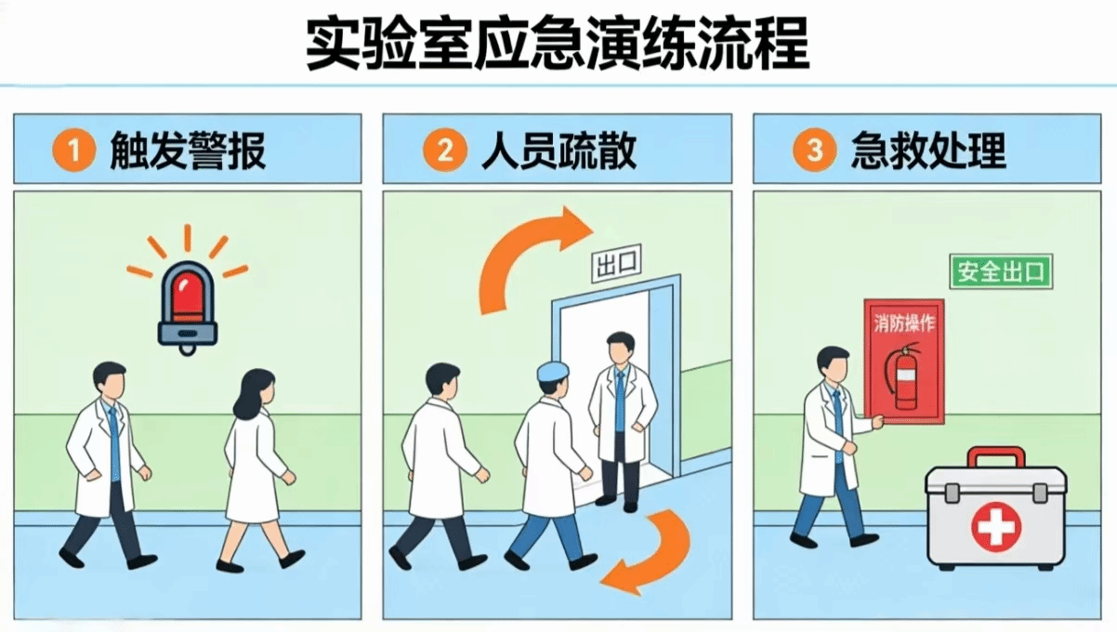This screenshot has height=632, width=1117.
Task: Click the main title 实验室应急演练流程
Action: (557, 44)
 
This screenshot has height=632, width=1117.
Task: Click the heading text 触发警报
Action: (188, 151)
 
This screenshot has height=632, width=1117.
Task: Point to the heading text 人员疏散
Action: (559, 151)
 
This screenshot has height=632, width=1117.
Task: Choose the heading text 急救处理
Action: (928, 151)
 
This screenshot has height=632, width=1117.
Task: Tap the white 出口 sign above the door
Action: (616, 263)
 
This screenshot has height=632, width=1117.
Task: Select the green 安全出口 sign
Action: (1001, 271)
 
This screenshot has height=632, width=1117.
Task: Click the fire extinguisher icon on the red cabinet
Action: (903, 375)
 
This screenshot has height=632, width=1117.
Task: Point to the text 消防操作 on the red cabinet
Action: (904, 323)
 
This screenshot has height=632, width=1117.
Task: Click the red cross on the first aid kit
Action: (996, 527)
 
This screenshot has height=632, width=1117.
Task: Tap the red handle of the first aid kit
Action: (996, 457)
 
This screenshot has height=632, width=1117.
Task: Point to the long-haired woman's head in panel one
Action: (256, 392)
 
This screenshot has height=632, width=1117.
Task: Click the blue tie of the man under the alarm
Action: (114, 443)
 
